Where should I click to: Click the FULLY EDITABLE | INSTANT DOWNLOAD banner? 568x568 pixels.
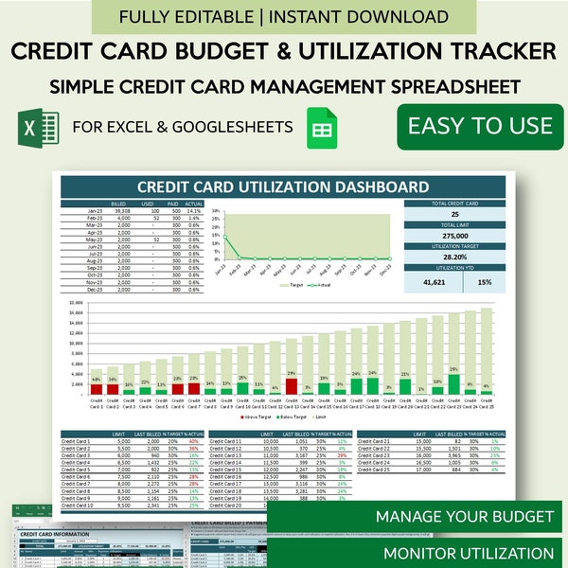[x=284, y=16]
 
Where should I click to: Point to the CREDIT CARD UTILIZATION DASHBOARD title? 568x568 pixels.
[x=282, y=187]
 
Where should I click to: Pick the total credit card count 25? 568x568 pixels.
[x=453, y=214]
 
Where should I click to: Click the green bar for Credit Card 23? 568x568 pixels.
[x=453, y=383]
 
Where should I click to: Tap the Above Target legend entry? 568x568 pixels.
[x=256, y=415]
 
